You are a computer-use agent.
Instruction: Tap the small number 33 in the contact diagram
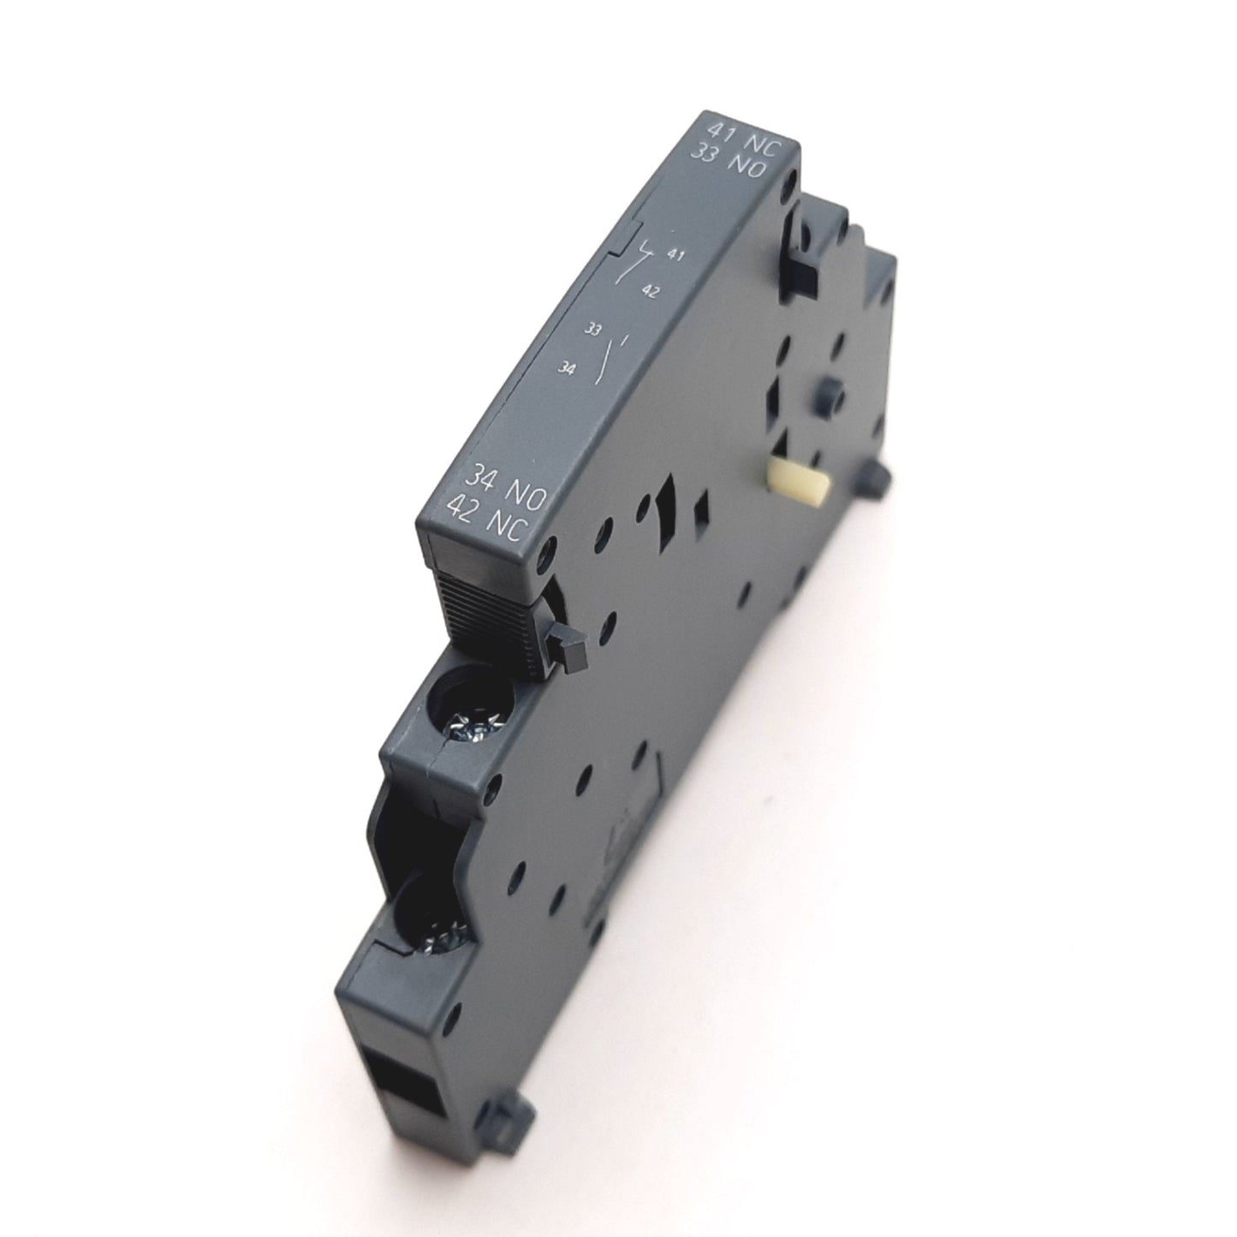tap(592, 329)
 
